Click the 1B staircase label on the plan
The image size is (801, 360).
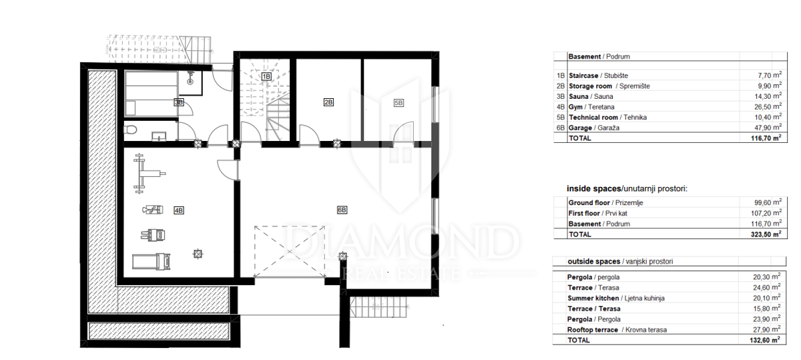pyautogui.click(x=266, y=76)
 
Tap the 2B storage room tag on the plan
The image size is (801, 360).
pyautogui.click(x=328, y=102)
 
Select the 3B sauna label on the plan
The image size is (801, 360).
pyautogui.click(x=179, y=102)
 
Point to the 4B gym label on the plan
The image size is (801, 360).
pyautogui.click(x=179, y=210)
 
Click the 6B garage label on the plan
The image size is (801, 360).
pyautogui.click(x=342, y=210)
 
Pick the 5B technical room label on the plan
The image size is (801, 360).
pyautogui.click(x=398, y=103)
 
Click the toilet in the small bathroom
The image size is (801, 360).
pyautogui.click(x=131, y=129)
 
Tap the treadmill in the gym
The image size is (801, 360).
pyautogui.click(x=152, y=261)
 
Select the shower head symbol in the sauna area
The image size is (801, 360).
pyautogui.click(x=190, y=78)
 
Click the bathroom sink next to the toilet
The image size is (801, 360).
pyautogui.click(x=159, y=136)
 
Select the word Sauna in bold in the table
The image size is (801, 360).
pyautogui.click(x=579, y=96)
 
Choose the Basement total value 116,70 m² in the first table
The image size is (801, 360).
pyautogui.click(x=766, y=138)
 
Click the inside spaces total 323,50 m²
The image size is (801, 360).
pyautogui.click(x=766, y=234)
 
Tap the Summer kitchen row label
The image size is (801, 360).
pyautogui.click(x=615, y=298)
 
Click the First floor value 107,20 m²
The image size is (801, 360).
pyautogui.click(x=766, y=213)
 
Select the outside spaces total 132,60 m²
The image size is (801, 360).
pyautogui.click(x=765, y=339)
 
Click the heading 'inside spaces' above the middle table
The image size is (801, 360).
pyautogui.click(x=594, y=188)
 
